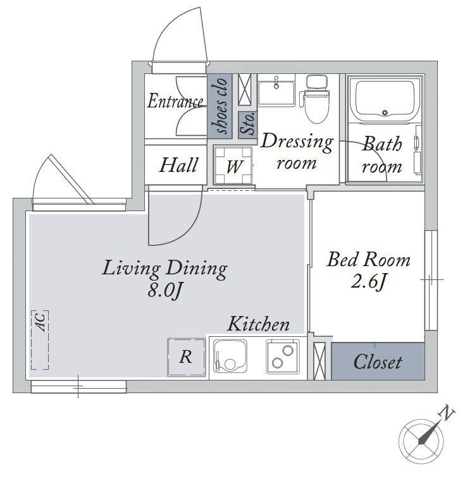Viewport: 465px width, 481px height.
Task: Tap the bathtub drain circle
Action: click(385, 113)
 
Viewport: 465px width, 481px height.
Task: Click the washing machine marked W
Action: click(233, 165)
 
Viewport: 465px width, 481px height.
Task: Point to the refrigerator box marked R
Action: click(187, 356)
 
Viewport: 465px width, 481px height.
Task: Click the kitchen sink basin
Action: click(230, 356)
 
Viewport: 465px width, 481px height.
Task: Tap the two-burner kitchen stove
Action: click(283, 356)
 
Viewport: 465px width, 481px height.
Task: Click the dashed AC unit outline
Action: click(40, 340)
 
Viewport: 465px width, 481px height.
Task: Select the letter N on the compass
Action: click(447, 413)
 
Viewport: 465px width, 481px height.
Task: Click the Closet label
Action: click(378, 362)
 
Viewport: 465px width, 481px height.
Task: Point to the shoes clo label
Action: click(221, 106)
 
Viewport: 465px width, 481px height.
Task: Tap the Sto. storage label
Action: click(248, 124)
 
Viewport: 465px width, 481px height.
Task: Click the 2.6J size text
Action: click(368, 281)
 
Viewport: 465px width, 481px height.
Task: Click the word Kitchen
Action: click(258, 324)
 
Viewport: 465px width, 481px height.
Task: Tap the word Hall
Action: click(178, 165)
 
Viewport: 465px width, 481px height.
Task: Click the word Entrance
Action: click(175, 101)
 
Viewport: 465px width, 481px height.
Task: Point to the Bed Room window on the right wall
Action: click(431, 280)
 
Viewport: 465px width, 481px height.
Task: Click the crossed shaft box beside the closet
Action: click(319, 362)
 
